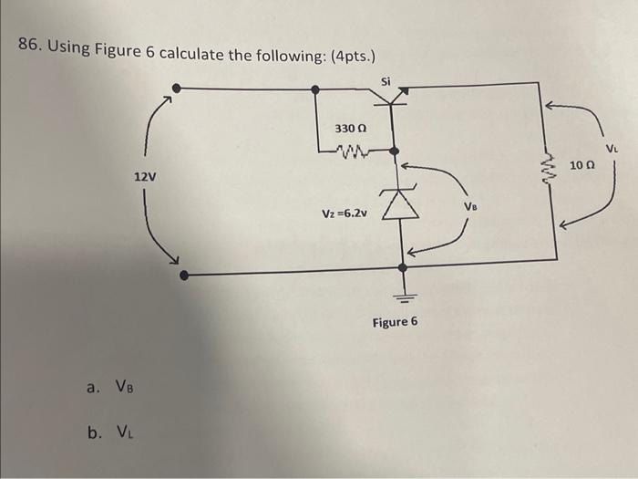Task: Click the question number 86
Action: (x=32, y=47)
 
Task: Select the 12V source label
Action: (x=145, y=176)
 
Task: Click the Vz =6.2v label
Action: (x=345, y=213)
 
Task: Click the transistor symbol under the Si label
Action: (x=394, y=95)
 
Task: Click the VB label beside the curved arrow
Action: (x=469, y=206)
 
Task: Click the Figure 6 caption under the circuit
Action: (x=395, y=322)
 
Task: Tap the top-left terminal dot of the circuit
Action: (x=177, y=89)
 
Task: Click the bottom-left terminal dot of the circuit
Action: (x=183, y=274)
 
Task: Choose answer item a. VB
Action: (x=114, y=387)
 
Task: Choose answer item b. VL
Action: (x=113, y=431)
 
